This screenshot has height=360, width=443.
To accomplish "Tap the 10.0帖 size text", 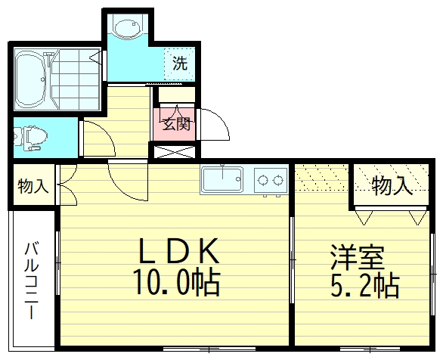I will click(177, 283).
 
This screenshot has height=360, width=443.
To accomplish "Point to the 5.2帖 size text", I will click(364, 285).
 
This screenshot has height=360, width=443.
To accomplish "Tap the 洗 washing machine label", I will click(179, 64).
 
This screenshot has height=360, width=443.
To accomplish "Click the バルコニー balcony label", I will click(32, 281).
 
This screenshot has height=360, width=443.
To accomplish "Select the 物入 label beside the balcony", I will click(33, 185).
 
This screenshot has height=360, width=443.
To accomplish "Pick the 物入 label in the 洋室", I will click(392, 185).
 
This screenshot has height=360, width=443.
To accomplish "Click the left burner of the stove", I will click(264, 180).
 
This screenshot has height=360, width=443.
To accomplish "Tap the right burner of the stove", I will click(278, 180).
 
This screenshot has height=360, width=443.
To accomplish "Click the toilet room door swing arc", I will click(97, 136).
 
